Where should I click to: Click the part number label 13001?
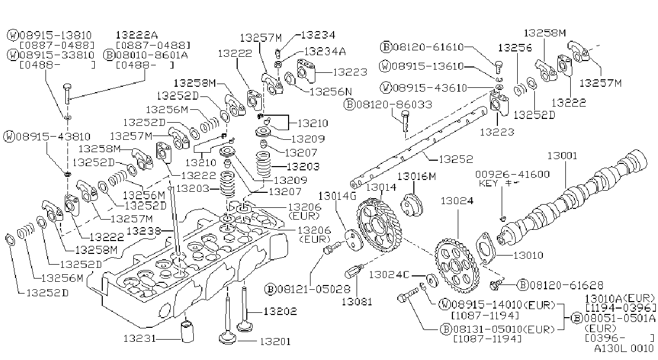[562, 155]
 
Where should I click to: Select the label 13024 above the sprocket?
[457, 201]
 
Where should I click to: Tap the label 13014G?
[337, 196]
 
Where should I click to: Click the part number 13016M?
[417, 176]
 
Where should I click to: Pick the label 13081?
[357, 302]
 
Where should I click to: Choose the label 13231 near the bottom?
[139, 338]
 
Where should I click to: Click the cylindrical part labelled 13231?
[187, 332]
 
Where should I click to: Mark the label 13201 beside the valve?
[275, 341]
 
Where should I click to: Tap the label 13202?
[280, 311]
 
